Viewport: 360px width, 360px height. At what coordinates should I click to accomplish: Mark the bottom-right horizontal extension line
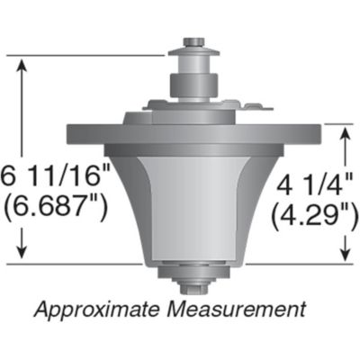[297, 264]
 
